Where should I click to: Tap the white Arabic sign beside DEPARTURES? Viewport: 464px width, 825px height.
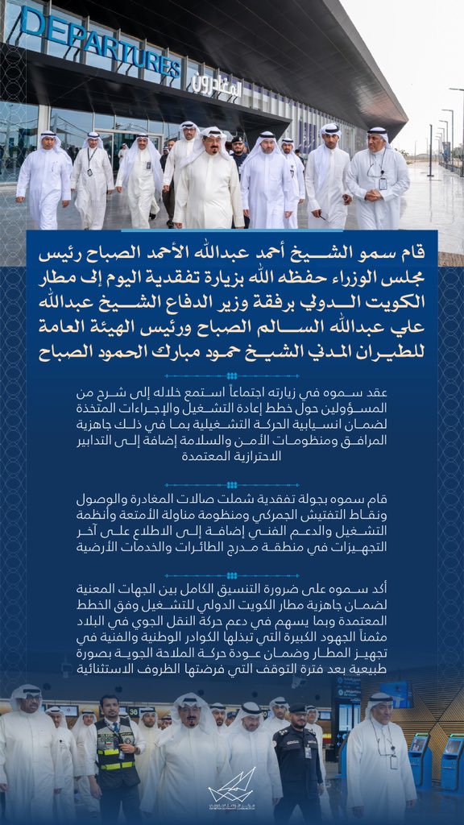pyautogui.click(x=215, y=84)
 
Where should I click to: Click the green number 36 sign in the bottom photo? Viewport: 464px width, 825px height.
pyautogui.click(x=133, y=711)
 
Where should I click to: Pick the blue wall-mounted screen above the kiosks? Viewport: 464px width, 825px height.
pyautogui.click(x=395, y=693)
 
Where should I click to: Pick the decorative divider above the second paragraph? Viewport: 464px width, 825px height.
pyautogui.click(x=231, y=485)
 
